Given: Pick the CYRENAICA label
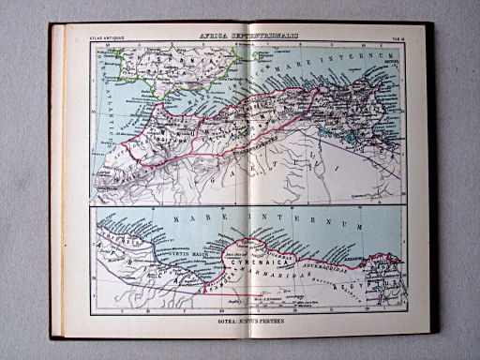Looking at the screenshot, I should [248, 264].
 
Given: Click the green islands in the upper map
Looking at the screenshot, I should [221, 54].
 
